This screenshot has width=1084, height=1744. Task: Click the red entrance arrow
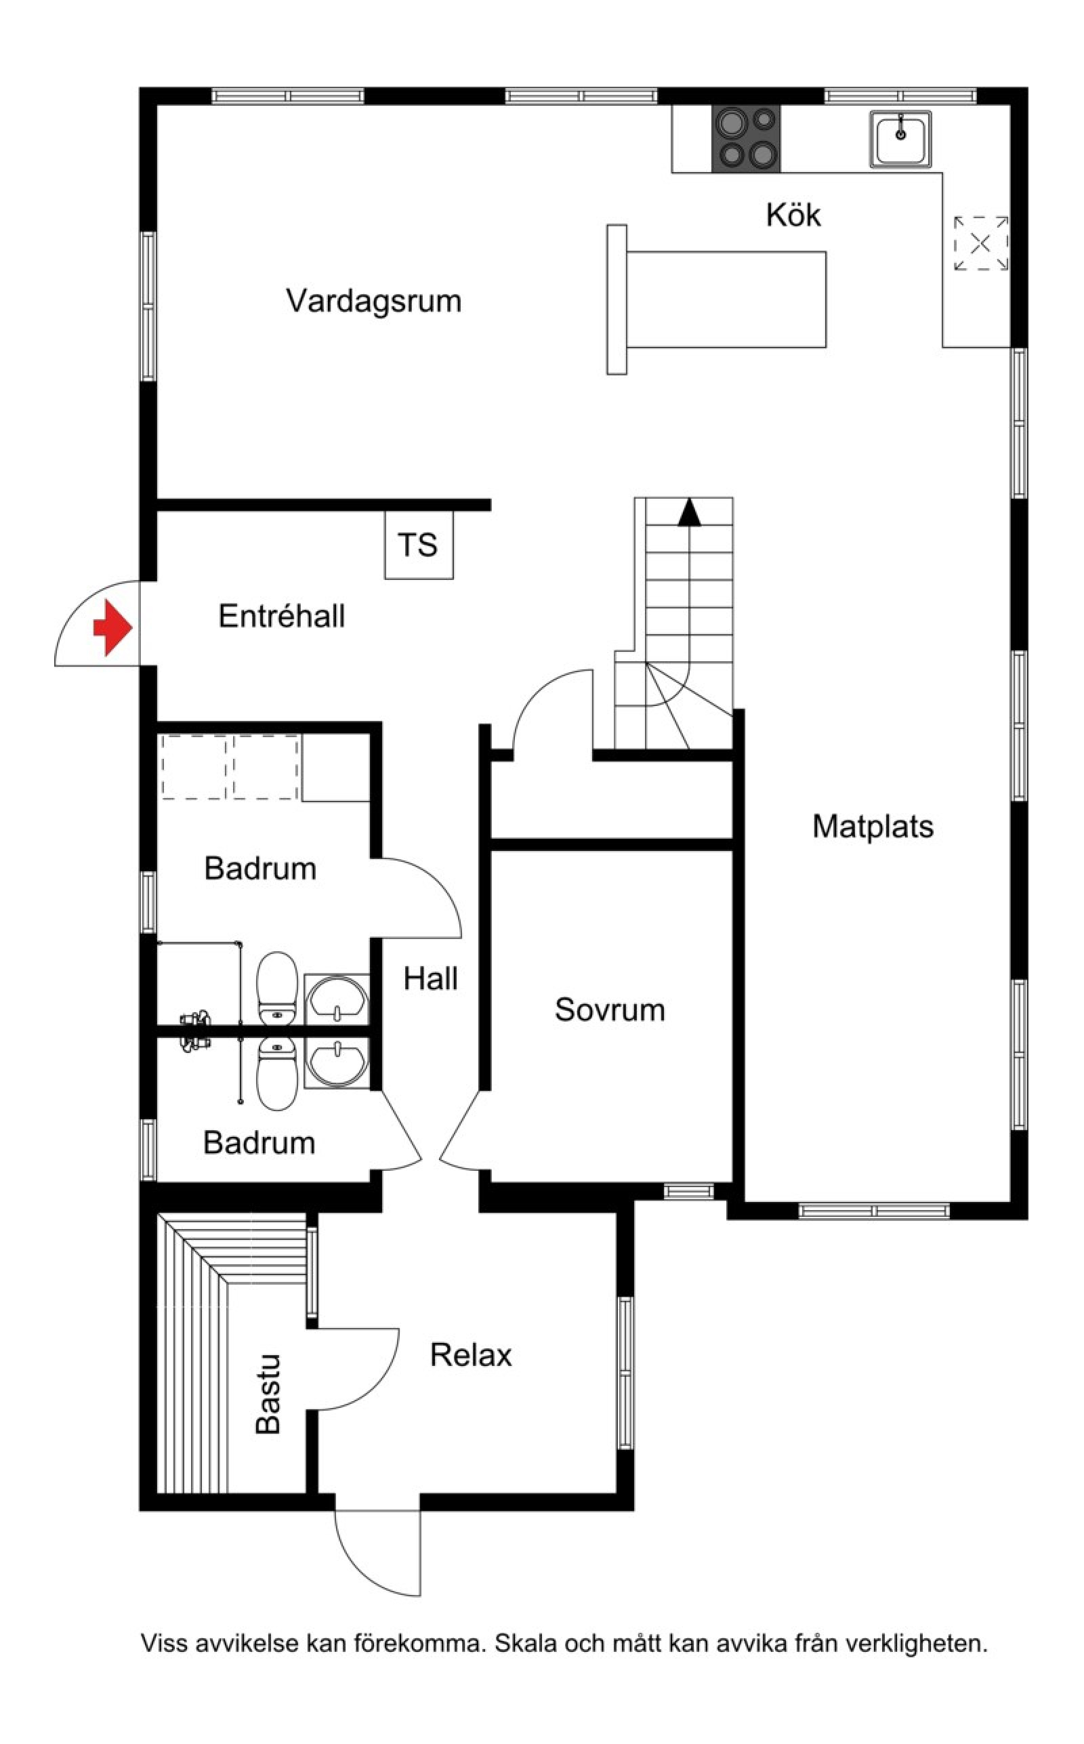pos(113,628)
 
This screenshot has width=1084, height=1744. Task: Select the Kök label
pos(793,215)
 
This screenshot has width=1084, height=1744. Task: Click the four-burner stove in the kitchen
pos(746,139)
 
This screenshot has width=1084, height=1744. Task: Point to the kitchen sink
pos(900,139)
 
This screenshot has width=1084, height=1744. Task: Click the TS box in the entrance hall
pos(419,545)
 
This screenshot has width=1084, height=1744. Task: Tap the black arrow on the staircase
pos(689,512)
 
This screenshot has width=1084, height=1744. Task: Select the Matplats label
pos(873,827)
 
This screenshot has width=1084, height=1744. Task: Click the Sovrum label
pos(609,1010)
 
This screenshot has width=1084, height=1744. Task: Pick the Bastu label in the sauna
pos(268,1394)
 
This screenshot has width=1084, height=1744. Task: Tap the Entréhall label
pos(282,617)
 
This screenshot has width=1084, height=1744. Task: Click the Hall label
pos(430,979)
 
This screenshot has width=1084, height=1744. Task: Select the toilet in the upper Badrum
pos(278,988)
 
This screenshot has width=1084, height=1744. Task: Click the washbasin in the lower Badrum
pos(336,1063)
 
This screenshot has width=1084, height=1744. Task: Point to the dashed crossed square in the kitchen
pos(981,244)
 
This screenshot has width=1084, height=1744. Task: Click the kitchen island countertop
pos(717,299)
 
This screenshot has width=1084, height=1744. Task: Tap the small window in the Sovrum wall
pos(688,1191)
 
